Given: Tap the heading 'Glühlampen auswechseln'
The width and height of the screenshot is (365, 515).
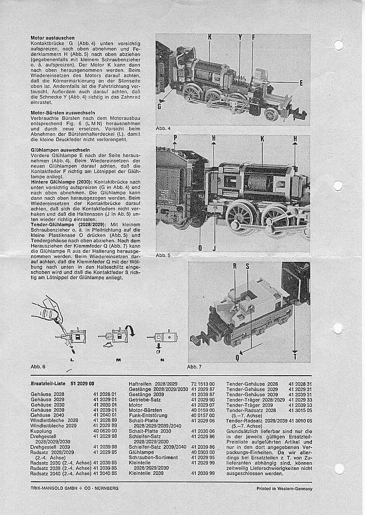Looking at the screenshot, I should [60, 149].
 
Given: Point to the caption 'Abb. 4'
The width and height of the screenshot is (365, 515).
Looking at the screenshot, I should [163, 129].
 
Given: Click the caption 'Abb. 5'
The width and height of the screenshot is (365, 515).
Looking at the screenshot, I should [163, 255].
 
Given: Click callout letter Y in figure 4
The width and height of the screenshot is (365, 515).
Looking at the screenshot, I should [240, 37].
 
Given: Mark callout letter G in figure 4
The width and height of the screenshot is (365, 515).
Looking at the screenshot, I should [159, 106].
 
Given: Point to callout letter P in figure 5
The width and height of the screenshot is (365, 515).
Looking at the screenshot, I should [175, 138].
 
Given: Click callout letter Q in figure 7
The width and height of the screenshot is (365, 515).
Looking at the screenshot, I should [237, 357].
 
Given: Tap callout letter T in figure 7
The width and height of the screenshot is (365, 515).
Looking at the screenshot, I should [295, 357].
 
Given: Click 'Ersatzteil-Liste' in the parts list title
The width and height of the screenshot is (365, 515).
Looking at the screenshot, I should [47, 384].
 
